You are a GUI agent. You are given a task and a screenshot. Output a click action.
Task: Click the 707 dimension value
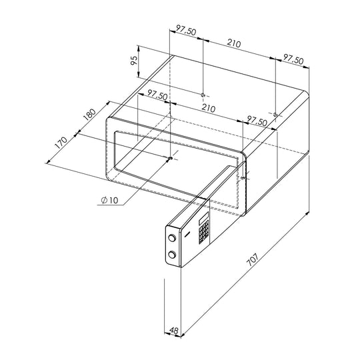coord(252,259)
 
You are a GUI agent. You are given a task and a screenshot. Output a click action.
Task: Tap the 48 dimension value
coord(174,331)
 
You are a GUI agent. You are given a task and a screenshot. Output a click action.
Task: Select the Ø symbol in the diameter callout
coord(104,200)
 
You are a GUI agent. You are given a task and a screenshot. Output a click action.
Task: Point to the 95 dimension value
coord(133,60)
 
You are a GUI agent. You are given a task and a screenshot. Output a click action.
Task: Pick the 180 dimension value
coord(89,115)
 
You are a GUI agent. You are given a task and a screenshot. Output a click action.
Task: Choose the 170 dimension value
coord(61,143)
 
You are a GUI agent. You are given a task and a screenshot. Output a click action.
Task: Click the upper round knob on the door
coord(172,237)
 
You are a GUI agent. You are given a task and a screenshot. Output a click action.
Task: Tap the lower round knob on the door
coord(172,255)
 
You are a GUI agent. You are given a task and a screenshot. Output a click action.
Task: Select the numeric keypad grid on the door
coord(204,232)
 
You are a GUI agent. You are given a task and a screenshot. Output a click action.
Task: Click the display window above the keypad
coord(203,218)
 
